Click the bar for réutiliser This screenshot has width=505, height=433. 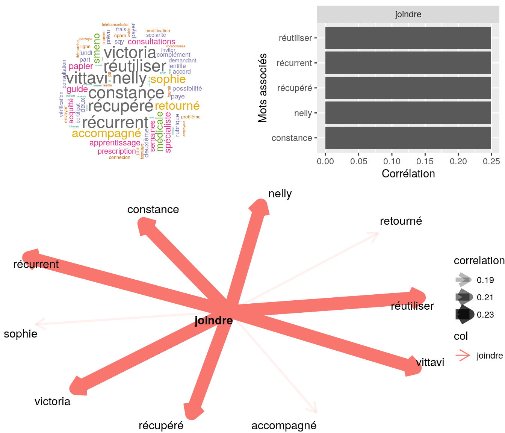click(x=408, y=38)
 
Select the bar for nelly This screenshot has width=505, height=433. click(x=408, y=113)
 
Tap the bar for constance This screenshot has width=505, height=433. click(x=408, y=138)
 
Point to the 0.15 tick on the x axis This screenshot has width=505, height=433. click(x=425, y=161)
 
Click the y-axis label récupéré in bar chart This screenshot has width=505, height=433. click(x=295, y=88)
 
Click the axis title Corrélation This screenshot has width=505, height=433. click(x=408, y=174)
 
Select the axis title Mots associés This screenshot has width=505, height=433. click(x=263, y=88)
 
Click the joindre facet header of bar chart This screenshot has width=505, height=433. click(x=408, y=15)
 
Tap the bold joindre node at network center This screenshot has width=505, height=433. click(x=213, y=321)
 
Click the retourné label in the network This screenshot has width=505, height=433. click(x=401, y=221)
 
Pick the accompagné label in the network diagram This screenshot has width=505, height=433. click(x=284, y=425)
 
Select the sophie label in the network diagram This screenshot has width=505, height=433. click(x=21, y=334)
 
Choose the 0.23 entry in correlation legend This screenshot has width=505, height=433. click(x=485, y=315)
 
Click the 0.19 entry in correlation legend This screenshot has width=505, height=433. click(x=485, y=280)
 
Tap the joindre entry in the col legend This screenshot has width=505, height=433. click(x=489, y=356)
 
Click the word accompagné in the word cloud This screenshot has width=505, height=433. click(x=106, y=133)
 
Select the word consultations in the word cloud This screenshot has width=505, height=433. click(x=151, y=42)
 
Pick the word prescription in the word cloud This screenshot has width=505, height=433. click(x=116, y=151)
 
